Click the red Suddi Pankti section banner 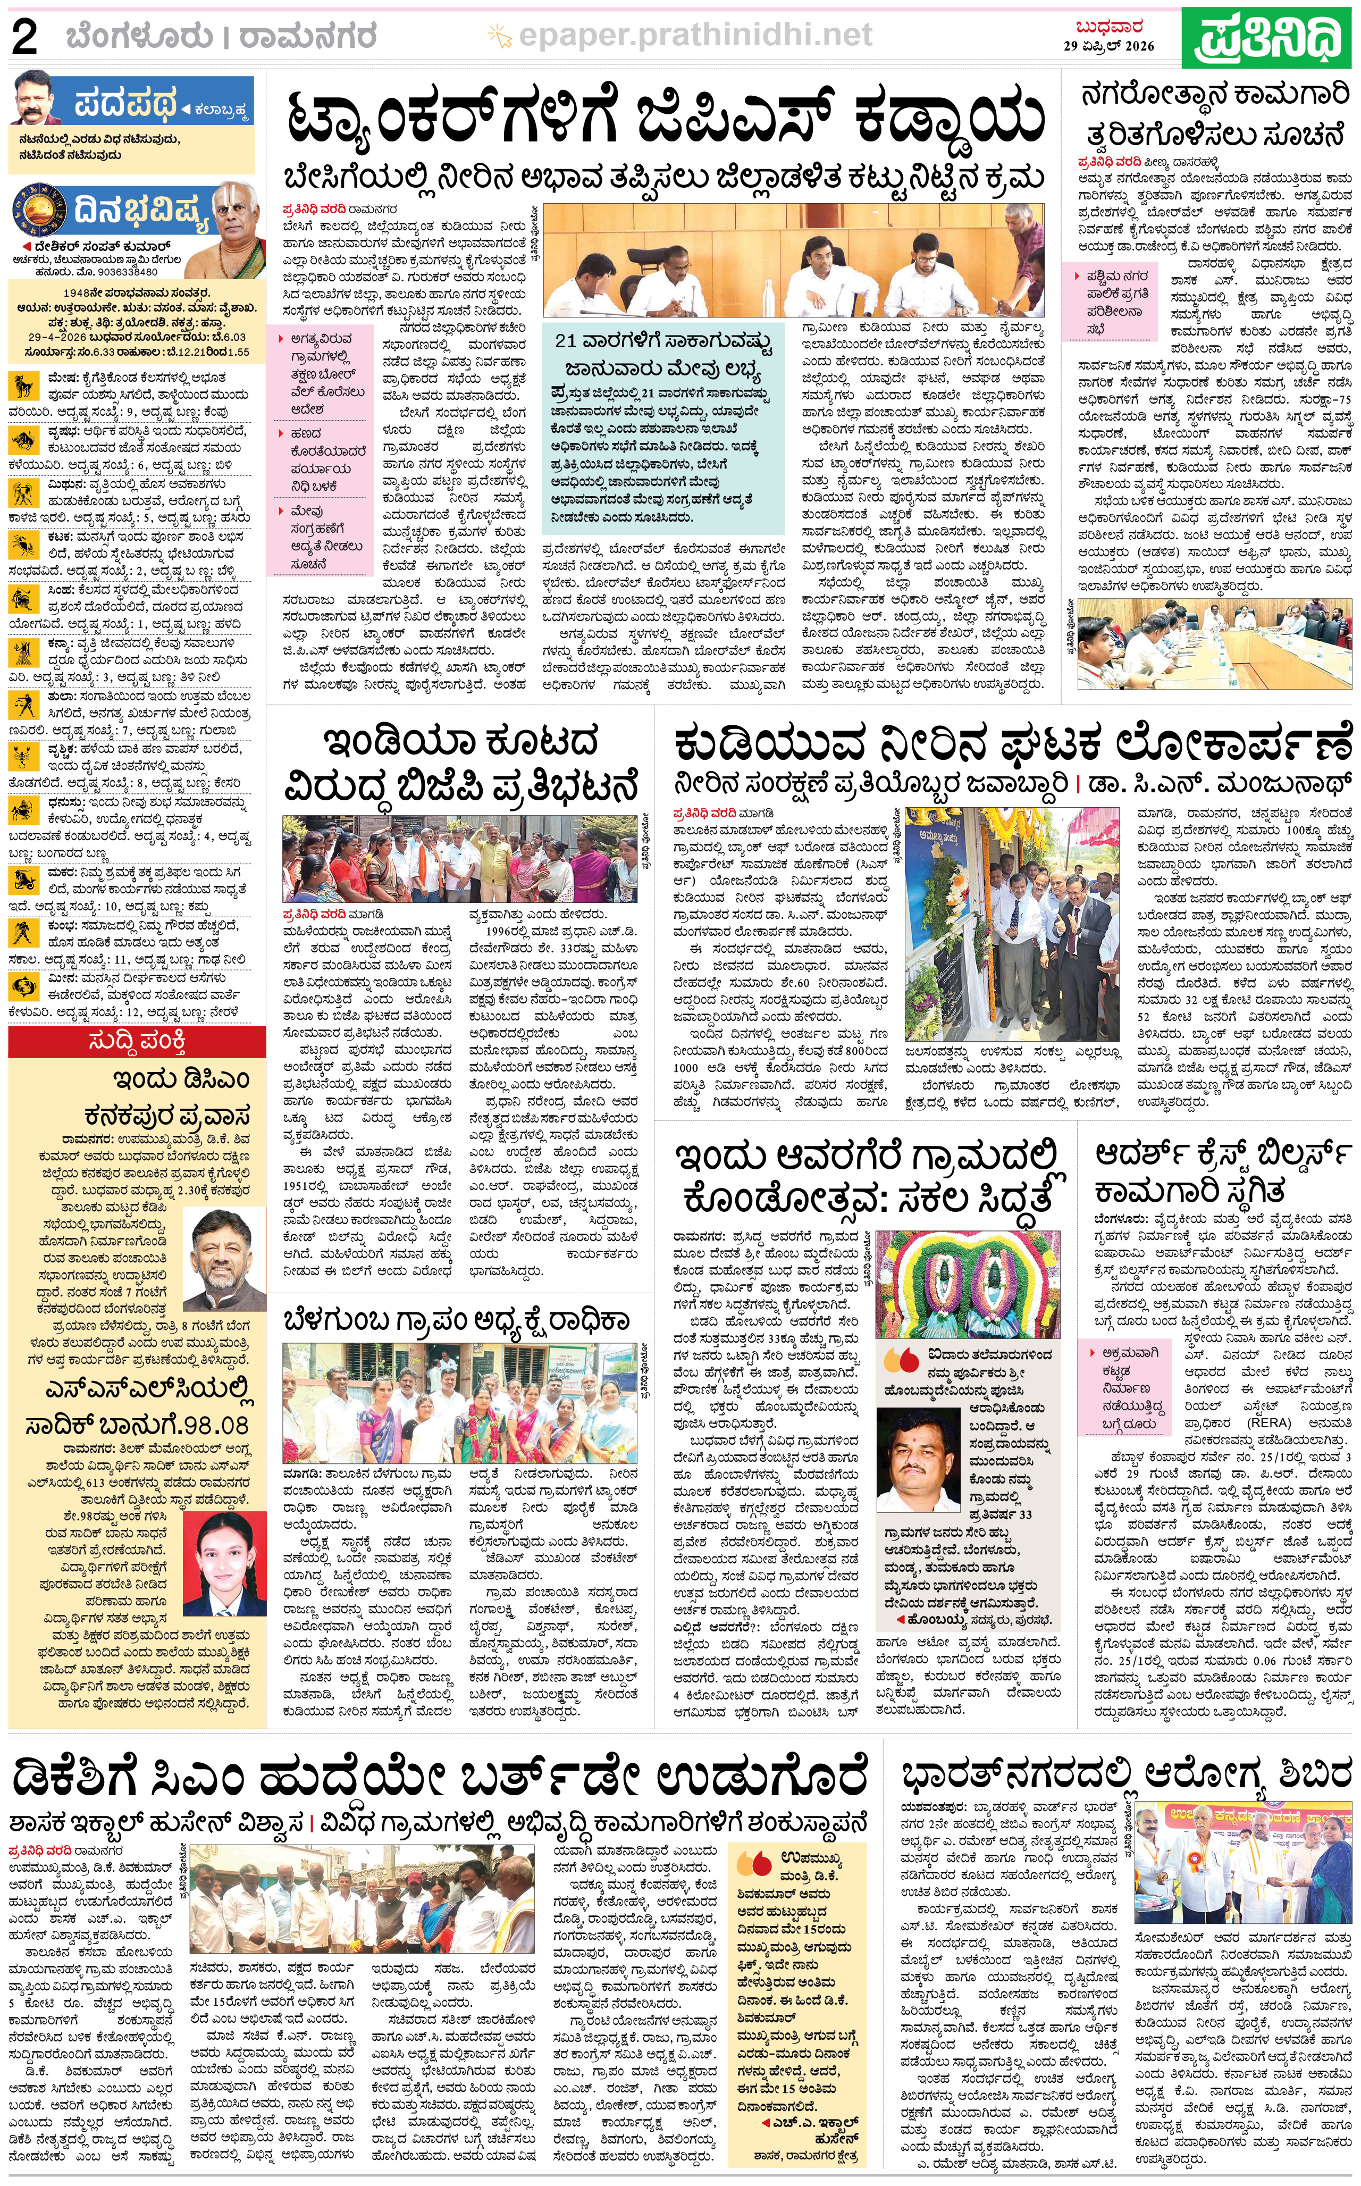click(x=137, y=1042)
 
